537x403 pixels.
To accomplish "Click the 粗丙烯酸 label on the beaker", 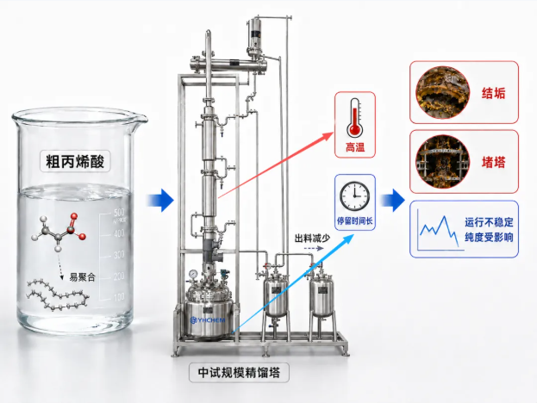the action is pos(75,161).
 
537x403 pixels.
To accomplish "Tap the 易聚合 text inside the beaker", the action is pos(82,276).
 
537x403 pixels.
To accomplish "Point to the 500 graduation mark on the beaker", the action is pos(119,212).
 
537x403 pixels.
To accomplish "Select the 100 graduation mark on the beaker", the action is pos(119,296).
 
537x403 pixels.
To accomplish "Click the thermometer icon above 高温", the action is pos(354,118).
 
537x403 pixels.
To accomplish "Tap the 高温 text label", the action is pos(355,147).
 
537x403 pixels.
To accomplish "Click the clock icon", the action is pos(354,195).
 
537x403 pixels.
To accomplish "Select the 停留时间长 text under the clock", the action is pos(355,220).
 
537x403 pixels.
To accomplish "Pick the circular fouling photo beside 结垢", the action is pos(442,92).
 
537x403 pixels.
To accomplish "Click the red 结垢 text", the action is pos(493,93).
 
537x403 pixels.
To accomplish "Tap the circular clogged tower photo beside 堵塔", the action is pos(442,162).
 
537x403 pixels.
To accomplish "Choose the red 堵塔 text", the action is pos(493,162).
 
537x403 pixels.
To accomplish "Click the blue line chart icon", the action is pos(439,230).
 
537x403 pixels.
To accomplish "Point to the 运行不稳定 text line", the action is pos(489,222).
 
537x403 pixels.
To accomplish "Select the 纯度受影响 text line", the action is pos(489,237).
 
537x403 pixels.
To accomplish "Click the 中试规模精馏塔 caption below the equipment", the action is pos(239,373).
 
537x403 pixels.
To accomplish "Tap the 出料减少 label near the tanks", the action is pos(312,239).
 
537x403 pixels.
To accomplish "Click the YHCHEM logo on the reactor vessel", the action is pos(208,320).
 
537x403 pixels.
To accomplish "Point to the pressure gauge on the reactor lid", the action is pos(193,274).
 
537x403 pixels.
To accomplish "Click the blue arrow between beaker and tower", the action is pos(160,200).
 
